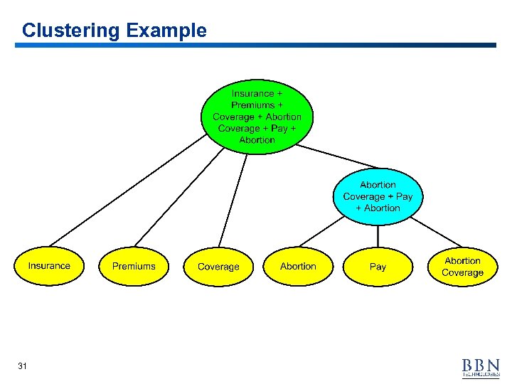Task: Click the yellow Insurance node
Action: (x=49, y=266)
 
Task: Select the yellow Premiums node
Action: (x=134, y=266)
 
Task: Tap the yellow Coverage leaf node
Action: (x=218, y=267)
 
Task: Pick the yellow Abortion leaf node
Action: (x=298, y=266)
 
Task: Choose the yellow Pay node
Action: (x=378, y=267)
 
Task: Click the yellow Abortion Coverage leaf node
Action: (x=462, y=267)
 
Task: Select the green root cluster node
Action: (x=257, y=117)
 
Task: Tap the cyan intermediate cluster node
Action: (x=378, y=196)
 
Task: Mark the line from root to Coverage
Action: (x=233, y=199)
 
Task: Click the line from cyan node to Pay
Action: (x=378, y=236)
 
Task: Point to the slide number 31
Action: (x=22, y=366)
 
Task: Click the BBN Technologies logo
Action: (x=481, y=367)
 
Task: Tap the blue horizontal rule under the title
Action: (x=256, y=46)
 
